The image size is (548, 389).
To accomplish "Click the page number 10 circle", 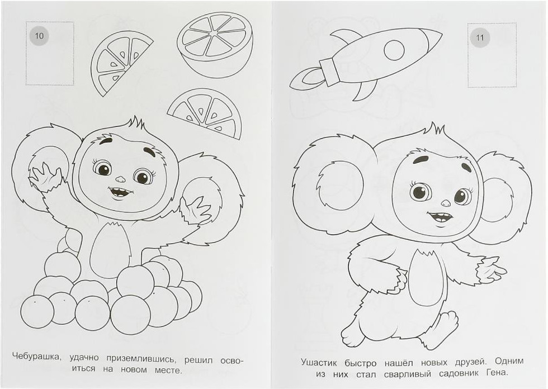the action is (x=39, y=35).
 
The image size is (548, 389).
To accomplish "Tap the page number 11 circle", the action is (x=480, y=37).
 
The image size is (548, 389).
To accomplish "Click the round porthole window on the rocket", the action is (x=394, y=50).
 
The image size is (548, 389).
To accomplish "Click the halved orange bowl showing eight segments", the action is (x=215, y=45).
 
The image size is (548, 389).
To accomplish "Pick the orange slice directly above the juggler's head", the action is (x=205, y=113).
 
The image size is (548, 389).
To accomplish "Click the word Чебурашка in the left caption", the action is (x=37, y=357).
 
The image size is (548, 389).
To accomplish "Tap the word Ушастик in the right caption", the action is (x=319, y=362).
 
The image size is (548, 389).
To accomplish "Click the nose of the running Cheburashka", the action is (x=446, y=202).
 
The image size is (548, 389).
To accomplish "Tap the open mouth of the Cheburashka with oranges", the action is (x=120, y=192).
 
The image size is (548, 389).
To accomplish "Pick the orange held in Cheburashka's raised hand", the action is (x=48, y=165).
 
